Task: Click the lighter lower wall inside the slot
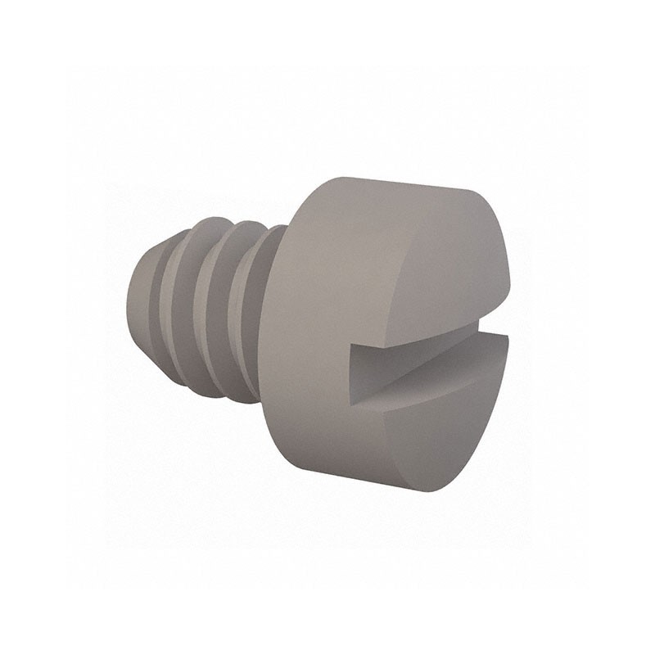[x=426, y=385]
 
